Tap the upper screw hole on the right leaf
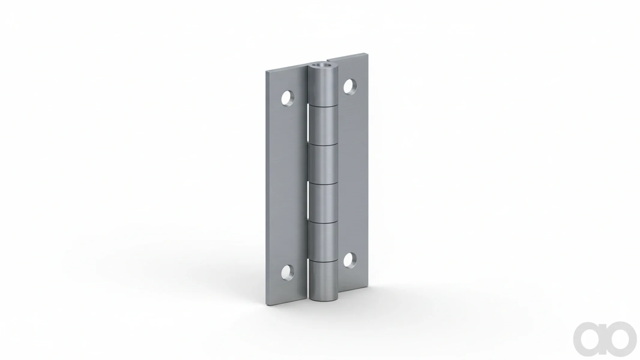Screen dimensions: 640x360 pos(350,86)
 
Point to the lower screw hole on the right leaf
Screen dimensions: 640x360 pos(350,260)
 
